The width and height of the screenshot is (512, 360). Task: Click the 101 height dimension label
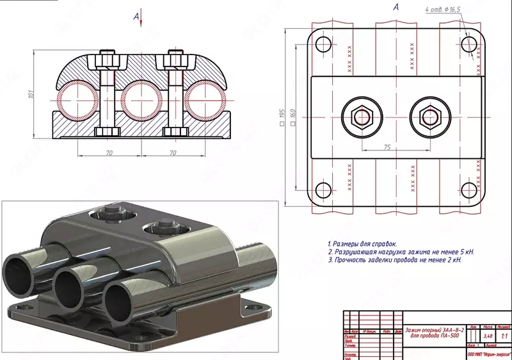[x=30, y=95]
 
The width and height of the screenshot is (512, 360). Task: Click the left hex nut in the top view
[x=361, y=117]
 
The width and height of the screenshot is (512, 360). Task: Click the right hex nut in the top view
[x=427, y=117]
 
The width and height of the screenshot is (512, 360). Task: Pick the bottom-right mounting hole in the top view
[x=470, y=190]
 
